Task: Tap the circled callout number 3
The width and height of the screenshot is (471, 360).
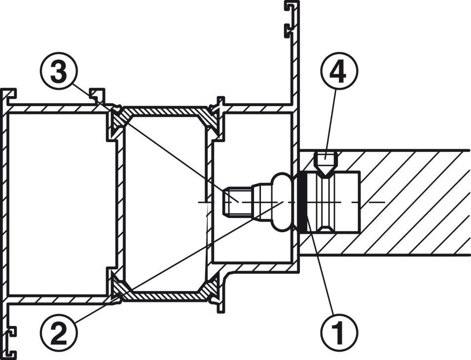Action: (x=59, y=71)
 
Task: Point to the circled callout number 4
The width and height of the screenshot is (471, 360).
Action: (x=339, y=71)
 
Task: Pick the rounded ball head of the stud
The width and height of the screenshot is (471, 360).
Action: (x=282, y=202)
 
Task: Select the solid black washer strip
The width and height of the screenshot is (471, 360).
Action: (x=302, y=202)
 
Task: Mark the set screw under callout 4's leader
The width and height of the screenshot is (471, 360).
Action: (x=326, y=162)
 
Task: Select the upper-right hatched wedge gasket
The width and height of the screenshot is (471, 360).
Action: (x=211, y=118)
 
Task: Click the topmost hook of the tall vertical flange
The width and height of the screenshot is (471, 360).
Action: (x=291, y=8)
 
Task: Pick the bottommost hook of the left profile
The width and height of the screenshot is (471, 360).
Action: (x=11, y=353)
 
